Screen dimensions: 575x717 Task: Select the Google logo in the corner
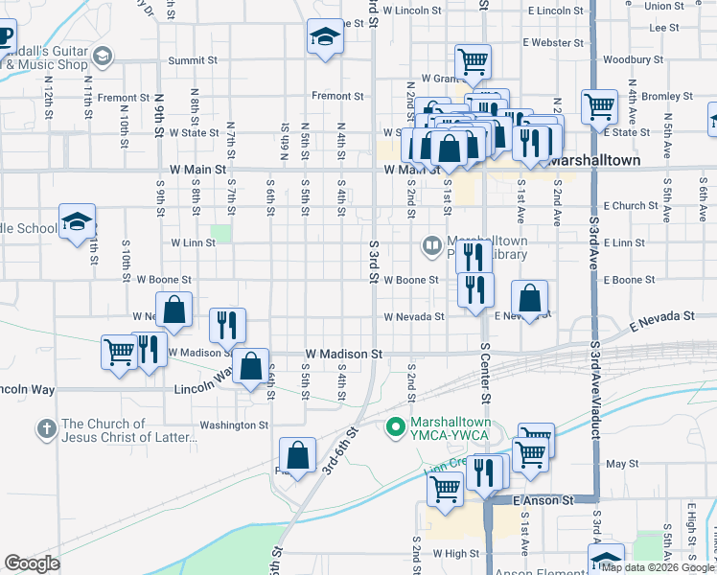pyautogui.click(x=33, y=563)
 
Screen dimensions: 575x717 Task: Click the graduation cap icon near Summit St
pyautogui.click(x=326, y=38)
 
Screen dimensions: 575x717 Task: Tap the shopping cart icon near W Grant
pyautogui.click(x=473, y=61)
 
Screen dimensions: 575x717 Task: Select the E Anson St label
pyautogui.click(x=543, y=500)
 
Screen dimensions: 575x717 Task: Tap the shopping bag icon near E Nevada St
pyautogui.click(x=529, y=299)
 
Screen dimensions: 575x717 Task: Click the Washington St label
pyautogui.click(x=234, y=425)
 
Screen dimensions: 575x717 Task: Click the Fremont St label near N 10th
pyautogui.click(x=123, y=98)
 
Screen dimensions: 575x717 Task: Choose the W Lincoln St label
pyautogui.click(x=410, y=11)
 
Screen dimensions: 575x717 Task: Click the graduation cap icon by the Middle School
pyautogui.click(x=77, y=222)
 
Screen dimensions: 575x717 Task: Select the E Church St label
pyautogui.click(x=631, y=206)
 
